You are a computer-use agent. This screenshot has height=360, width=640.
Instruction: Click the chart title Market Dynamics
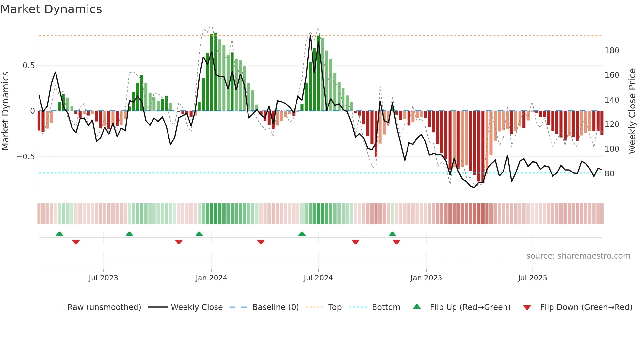51,9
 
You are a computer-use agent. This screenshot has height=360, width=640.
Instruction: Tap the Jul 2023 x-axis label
103,278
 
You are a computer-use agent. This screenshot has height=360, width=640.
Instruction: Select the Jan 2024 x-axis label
211,278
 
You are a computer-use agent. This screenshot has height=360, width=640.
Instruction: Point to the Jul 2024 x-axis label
318,278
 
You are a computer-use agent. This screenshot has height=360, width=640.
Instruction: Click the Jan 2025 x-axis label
426,278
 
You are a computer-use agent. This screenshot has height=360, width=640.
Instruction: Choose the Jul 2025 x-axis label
532,278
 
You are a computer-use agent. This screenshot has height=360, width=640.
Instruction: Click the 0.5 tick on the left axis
28,66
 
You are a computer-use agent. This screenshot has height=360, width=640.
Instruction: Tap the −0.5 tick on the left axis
25,157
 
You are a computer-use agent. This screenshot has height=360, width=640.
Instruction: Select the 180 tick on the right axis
612,51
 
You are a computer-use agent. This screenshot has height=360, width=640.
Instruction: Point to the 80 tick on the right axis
609,174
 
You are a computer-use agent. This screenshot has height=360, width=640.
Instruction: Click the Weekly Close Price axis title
632,111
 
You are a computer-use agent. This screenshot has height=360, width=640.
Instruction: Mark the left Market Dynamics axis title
5,111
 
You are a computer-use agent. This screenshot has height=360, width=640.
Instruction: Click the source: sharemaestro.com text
578,256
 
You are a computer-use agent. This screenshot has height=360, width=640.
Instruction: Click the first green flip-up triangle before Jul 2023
59,234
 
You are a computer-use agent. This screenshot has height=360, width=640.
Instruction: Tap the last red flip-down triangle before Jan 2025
396,242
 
